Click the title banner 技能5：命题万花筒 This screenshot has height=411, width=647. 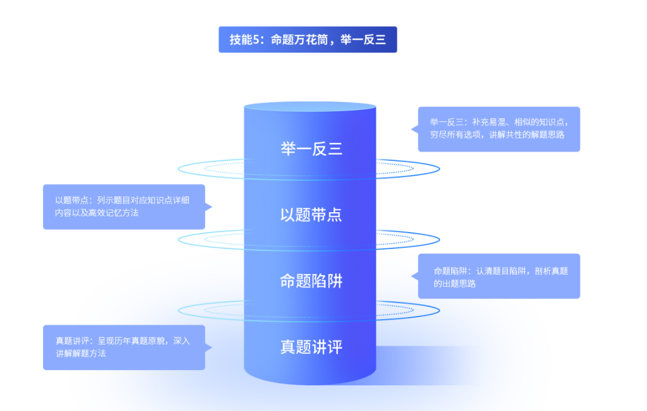pos(308,40)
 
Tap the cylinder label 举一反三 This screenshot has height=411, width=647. pos(311,149)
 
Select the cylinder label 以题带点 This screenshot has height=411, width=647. pos(311,215)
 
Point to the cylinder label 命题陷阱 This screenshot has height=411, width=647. pos(311,282)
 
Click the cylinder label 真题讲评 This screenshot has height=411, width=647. pos(311,347)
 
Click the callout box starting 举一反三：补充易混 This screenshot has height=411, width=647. pos(499,129)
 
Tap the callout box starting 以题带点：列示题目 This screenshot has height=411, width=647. pos(124,207)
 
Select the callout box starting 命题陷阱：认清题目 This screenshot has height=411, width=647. pos(499,276)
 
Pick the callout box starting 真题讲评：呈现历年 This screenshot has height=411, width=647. pos(124,347)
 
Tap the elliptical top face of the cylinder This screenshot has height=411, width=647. pos(310,107)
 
